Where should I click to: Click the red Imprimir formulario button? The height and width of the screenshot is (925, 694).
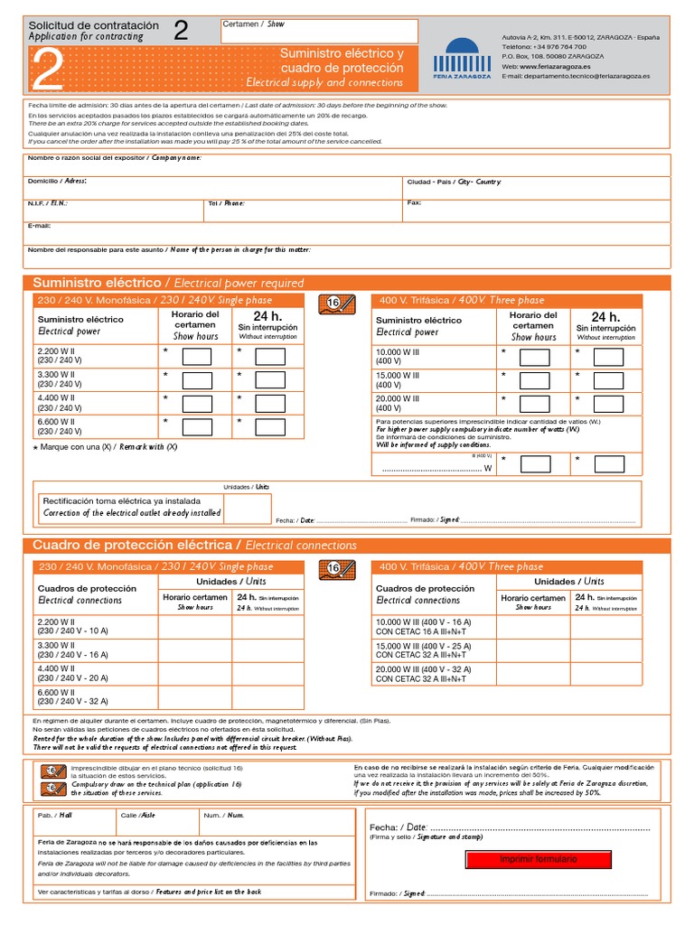538,859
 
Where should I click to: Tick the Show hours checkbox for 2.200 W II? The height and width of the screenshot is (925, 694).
197,356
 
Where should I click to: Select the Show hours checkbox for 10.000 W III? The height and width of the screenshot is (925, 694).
534,357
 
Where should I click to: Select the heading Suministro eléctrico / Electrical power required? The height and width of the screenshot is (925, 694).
168,283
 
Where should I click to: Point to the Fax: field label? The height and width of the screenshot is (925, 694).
415,202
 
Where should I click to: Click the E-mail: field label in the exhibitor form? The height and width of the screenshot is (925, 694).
40,225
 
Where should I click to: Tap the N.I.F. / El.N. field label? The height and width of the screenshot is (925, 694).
48,203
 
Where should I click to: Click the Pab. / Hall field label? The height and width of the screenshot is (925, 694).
55,815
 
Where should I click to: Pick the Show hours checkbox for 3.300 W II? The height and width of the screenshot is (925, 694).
197,379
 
